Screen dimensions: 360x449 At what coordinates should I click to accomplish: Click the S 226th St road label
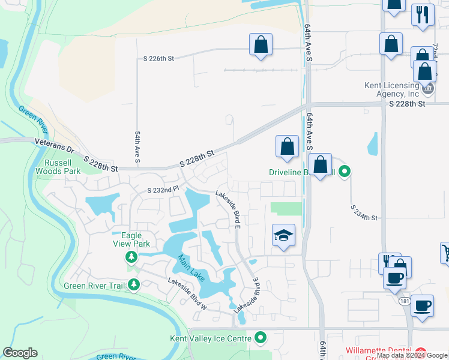click(158, 59)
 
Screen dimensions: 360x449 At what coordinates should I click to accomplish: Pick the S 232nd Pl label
click(163, 190)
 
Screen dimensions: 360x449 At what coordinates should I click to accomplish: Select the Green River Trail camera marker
click(133, 286)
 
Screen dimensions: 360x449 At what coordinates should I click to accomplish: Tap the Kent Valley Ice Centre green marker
click(260, 338)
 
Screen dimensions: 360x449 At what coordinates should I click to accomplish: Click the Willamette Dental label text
click(378, 351)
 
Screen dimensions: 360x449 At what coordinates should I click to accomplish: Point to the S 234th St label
click(364, 213)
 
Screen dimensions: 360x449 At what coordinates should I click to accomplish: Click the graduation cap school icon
click(283, 235)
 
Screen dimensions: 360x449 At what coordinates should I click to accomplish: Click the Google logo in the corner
click(20, 353)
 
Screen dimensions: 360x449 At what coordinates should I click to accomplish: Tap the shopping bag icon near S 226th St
click(261, 44)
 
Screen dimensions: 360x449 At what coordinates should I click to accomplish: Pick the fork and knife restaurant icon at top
click(423, 14)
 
